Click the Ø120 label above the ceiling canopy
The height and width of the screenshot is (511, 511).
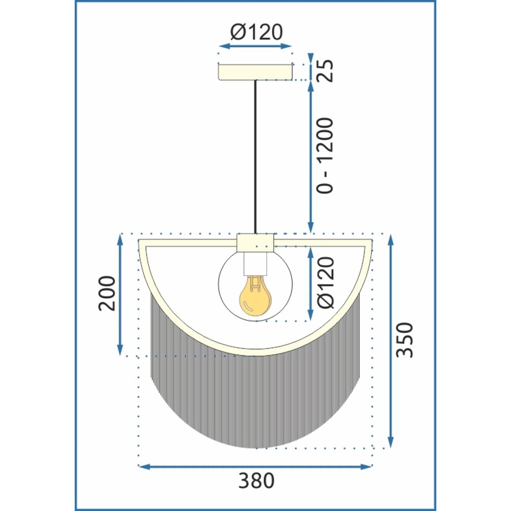[257, 32]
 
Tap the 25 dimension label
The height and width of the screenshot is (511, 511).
[325, 71]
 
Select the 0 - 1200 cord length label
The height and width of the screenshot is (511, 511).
[325, 156]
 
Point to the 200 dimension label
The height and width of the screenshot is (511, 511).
[107, 293]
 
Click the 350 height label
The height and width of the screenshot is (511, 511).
[404, 339]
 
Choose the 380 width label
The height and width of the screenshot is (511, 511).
[257, 480]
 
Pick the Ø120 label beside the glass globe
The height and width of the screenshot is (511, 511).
[325, 282]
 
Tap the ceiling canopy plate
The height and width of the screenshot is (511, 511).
[255, 72]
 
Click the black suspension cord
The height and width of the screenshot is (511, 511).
[255, 157]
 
